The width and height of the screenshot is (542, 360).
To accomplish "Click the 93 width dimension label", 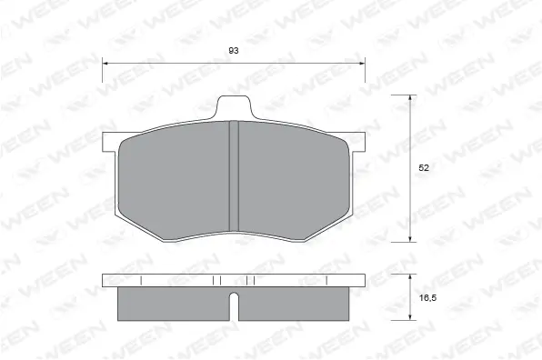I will pos(234,51).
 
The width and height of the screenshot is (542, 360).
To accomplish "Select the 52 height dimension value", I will pos(424,167).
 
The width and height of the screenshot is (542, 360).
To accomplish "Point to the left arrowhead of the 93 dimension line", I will pos(105,63).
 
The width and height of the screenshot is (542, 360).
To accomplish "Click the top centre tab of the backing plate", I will pos(233,106).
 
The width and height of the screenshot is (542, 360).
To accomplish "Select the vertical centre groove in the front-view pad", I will pos(233,177).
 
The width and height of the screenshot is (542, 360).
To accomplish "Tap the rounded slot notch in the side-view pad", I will pos(233,305).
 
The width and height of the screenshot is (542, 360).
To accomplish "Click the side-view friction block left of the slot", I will pos(173,302).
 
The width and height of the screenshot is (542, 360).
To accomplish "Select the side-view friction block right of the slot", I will pos(293,302).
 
